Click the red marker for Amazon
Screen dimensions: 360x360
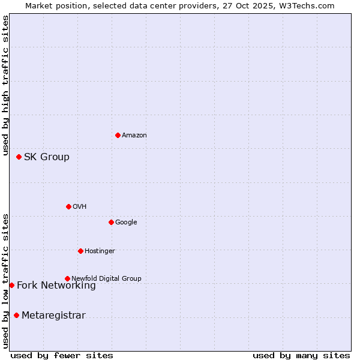tap(118, 135)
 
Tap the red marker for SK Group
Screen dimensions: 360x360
tap(19, 157)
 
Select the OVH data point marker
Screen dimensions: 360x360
tap(68, 206)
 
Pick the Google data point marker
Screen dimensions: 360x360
tap(111, 222)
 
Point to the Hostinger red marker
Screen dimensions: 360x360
tap(80, 251)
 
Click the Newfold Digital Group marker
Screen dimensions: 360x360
tap(67, 278)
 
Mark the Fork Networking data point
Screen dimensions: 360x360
tap(11, 285)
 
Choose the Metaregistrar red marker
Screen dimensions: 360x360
tap(16, 315)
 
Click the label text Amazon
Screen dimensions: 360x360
tap(134, 136)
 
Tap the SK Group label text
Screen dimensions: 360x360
tap(46, 157)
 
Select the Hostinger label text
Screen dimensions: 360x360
tap(100, 251)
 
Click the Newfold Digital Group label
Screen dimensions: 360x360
tap(106, 278)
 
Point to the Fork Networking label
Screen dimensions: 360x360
tap(56, 286)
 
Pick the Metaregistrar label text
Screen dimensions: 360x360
tap(53, 316)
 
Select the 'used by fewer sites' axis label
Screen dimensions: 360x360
tap(62, 355)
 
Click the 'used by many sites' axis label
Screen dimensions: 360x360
tap(301, 355)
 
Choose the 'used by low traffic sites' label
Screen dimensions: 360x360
tap(5, 281)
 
